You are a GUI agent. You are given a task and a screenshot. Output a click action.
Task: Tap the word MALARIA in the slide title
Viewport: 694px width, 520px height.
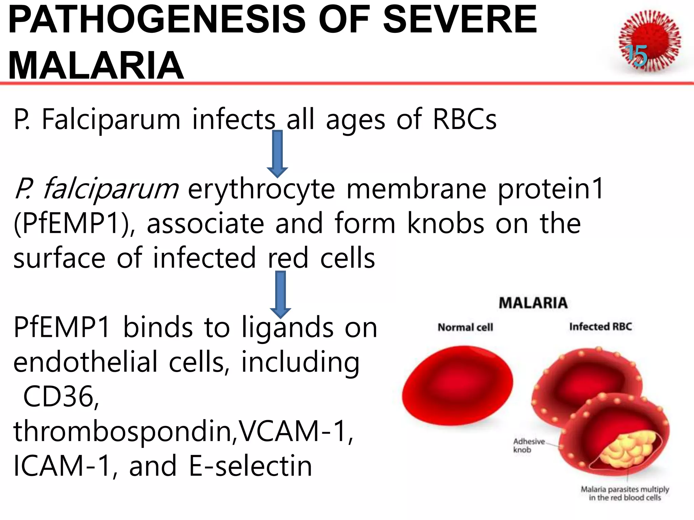tap(96, 65)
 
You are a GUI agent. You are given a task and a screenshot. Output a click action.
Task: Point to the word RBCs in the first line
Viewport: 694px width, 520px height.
tap(465, 119)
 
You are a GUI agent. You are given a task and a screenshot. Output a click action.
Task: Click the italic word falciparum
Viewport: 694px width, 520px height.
tap(110, 189)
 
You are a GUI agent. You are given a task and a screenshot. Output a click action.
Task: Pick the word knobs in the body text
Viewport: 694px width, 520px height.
tap(445, 223)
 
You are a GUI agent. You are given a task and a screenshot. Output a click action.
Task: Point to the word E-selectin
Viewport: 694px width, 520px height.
tap(250, 466)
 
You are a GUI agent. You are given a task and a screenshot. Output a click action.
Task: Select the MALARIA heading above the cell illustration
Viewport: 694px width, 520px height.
tap(533, 303)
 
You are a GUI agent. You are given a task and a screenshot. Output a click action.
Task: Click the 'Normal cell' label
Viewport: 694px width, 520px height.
tap(465, 327)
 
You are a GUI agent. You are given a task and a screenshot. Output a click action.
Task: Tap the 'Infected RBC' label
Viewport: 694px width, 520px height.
tap(600, 327)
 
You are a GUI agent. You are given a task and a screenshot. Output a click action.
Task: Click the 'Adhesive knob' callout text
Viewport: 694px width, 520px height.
tap(528, 446)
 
